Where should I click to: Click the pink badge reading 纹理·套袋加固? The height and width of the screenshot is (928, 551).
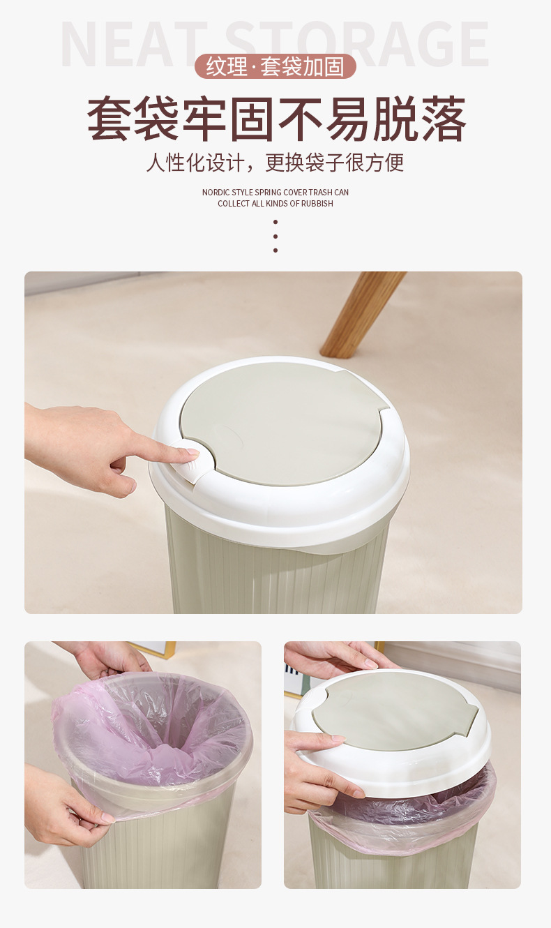(275, 66)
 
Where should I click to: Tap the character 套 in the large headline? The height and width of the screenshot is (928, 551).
(109, 119)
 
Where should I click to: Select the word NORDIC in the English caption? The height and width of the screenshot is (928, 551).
(216, 193)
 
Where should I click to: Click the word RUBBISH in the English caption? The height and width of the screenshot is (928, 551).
(317, 204)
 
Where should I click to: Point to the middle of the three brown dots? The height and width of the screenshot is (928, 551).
(275, 237)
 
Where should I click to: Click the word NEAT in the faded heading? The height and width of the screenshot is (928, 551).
(134, 44)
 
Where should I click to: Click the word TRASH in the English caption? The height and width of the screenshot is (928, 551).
(320, 193)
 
